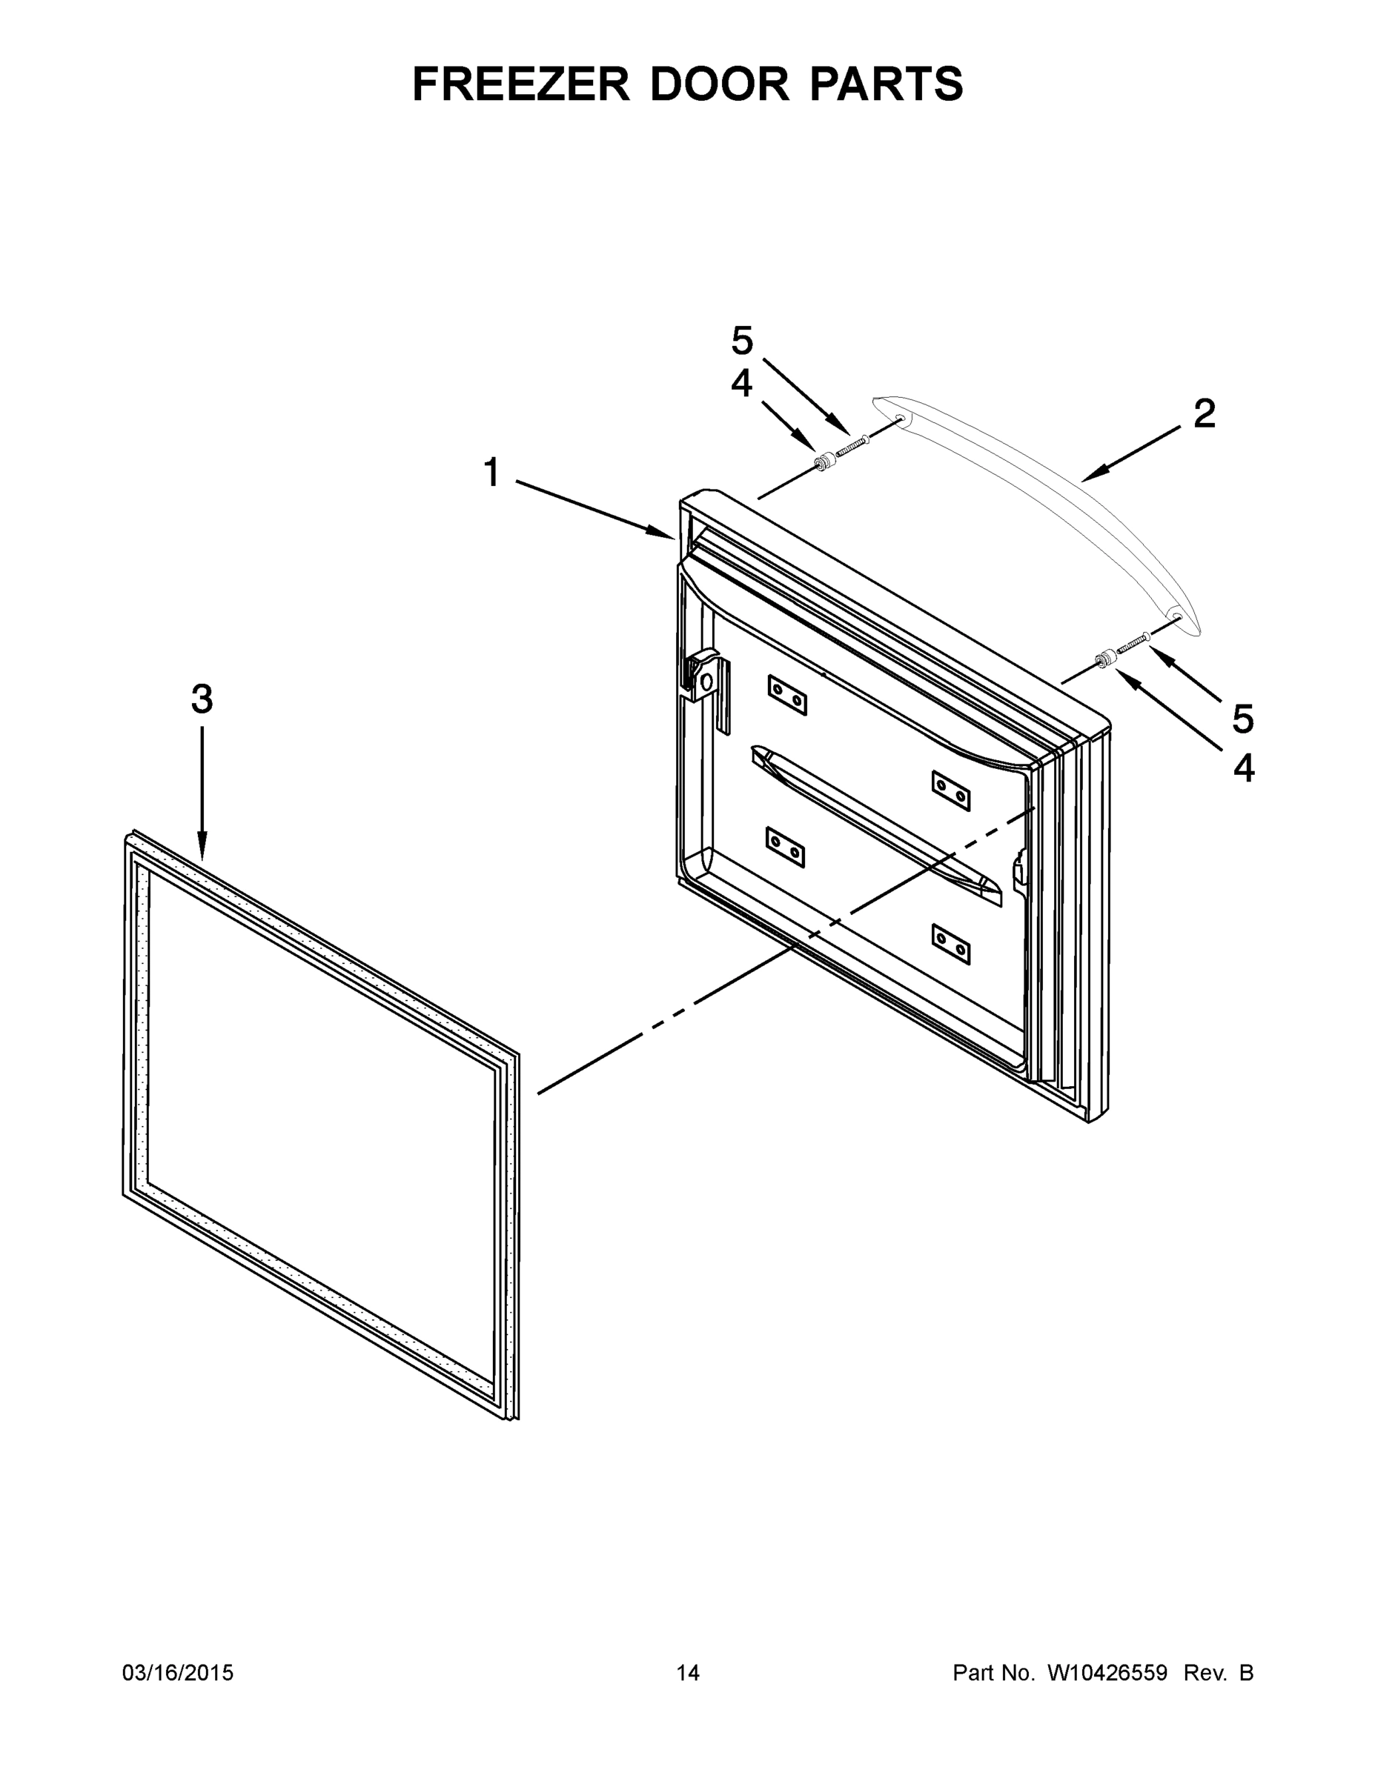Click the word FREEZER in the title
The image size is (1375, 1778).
(x=520, y=84)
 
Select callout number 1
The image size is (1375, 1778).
(x=491, y=473)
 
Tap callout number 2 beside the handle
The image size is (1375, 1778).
(x=1204, y=414)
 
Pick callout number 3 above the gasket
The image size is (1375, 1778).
(x=202, y=699)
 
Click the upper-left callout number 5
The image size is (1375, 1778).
(x=742, y=341)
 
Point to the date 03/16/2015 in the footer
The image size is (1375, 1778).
(x=178, y=1673)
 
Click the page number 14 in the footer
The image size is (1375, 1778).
(x=688, y=1673)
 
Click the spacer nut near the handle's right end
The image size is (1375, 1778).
(x=1105, y=658)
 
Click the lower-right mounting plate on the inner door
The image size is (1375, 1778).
(x=950, y=944)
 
